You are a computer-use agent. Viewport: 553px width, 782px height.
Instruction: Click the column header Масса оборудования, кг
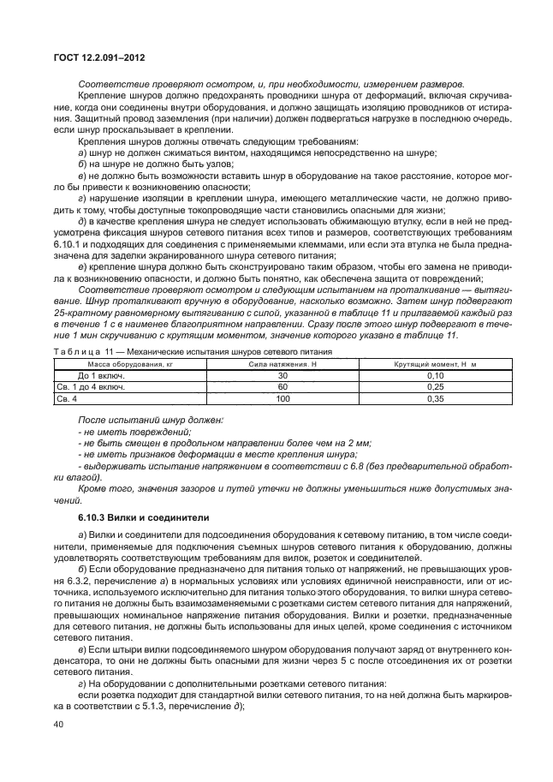click(117, 364)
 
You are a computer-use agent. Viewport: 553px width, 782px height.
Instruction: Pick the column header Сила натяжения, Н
click(282, 364)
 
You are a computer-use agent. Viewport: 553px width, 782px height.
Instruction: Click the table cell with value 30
click(282, 375)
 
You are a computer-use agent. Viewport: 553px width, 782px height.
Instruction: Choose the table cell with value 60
click(282, 386)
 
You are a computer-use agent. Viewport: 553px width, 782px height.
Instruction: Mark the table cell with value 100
click(282, 398)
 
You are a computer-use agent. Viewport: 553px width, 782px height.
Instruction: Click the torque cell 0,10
click(435, 375)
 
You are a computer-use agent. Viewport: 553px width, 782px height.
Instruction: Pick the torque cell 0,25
click(435, 386)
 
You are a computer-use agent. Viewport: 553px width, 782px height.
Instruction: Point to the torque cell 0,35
click(435, 398)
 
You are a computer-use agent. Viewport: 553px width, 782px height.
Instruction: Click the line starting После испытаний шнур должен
click(150, 420)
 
